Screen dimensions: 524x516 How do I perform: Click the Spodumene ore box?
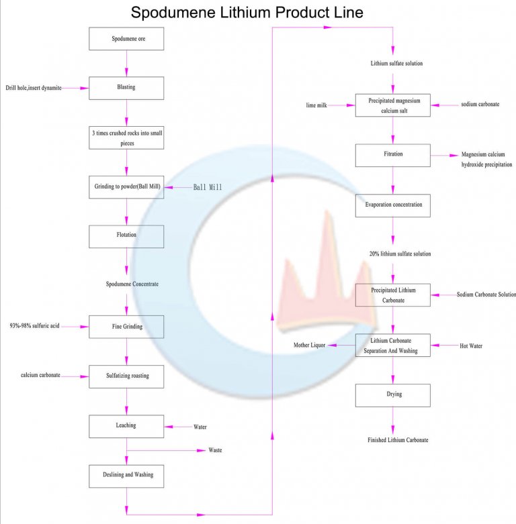(127, 39)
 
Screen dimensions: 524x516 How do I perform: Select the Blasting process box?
(127, 88)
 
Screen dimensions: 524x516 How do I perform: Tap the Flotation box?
(127, 236)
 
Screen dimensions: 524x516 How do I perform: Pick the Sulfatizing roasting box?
(127, 376)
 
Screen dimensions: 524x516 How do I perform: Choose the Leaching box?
(127, 426)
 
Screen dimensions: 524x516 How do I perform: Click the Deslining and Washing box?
(127, 475)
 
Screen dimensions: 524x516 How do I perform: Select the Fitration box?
(393, 155)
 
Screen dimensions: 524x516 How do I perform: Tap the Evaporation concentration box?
(393, 205)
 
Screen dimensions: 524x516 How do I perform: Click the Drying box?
(393, 395)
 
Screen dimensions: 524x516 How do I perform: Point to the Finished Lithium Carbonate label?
(398, 440)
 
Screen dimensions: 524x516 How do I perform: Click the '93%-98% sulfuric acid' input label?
(34, 327)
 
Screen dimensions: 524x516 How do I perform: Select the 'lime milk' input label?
(316, 105)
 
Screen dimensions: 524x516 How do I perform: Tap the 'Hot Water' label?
(470, 346)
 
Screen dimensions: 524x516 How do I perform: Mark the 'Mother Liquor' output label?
(309, 345)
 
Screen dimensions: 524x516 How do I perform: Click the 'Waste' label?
(215, 450)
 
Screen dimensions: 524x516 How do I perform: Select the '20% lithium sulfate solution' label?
(400, 254)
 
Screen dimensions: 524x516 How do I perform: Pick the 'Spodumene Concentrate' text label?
(132, 284)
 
